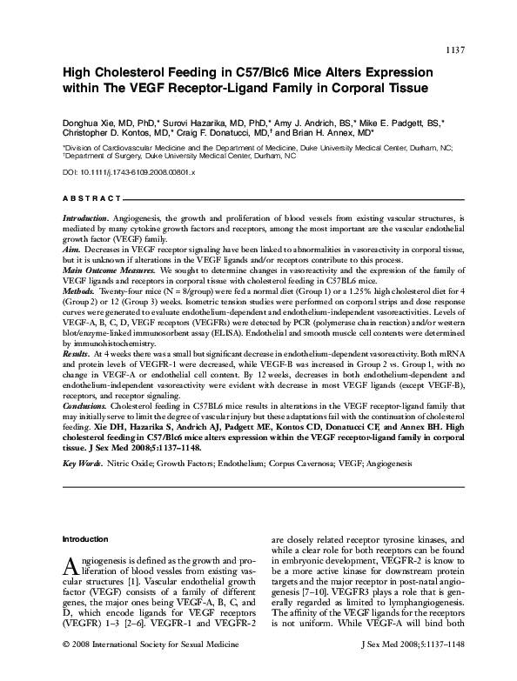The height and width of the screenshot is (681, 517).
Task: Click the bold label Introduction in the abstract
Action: [86, 215]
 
